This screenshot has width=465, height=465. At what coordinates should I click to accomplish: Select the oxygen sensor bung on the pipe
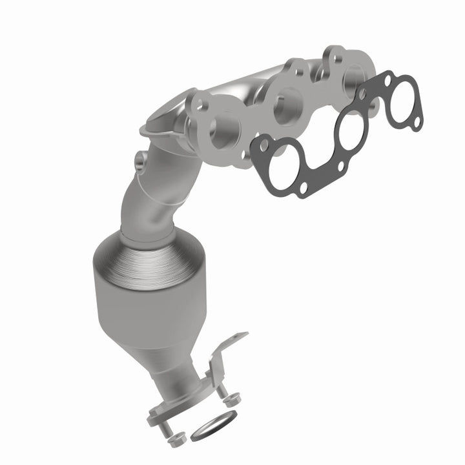[140, 158]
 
